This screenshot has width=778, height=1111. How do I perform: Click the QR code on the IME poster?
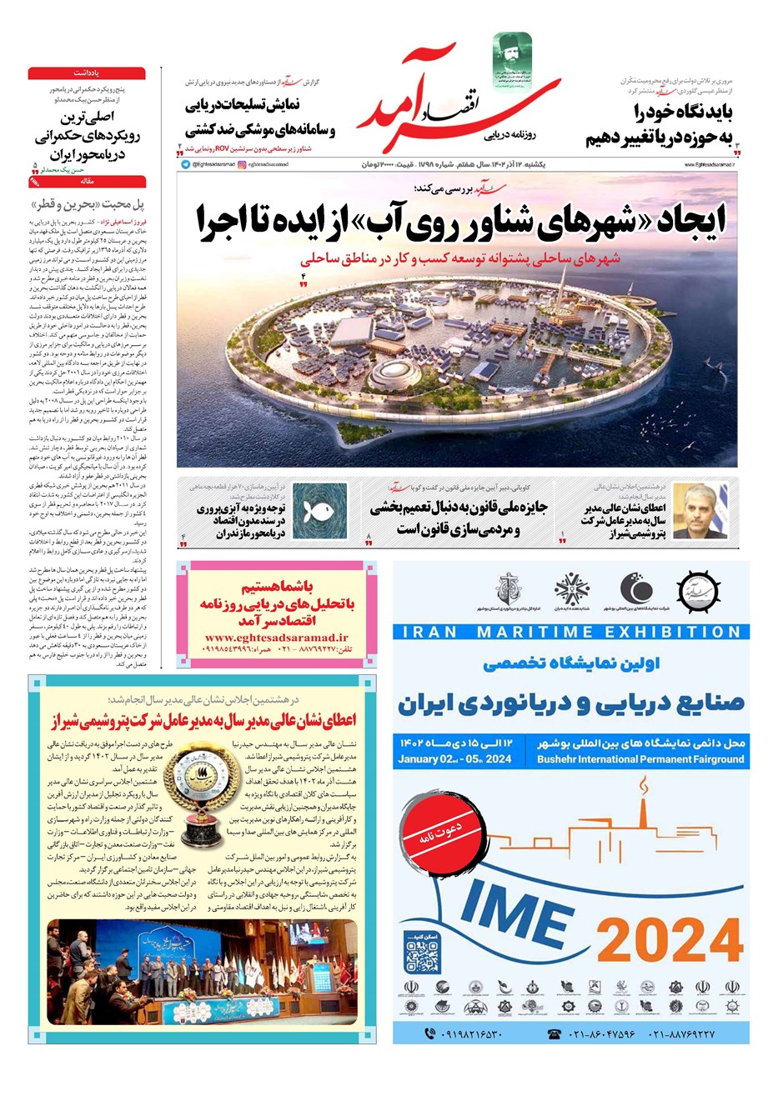422,955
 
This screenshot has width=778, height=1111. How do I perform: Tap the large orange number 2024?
670,940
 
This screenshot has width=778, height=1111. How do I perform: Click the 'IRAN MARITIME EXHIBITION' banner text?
571,632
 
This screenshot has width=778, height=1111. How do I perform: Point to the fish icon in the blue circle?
314,512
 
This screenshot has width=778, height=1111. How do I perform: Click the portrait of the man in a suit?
700,511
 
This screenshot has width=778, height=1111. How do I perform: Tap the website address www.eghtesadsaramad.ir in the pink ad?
276,638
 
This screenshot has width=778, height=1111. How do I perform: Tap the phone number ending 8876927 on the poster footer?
683,1033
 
